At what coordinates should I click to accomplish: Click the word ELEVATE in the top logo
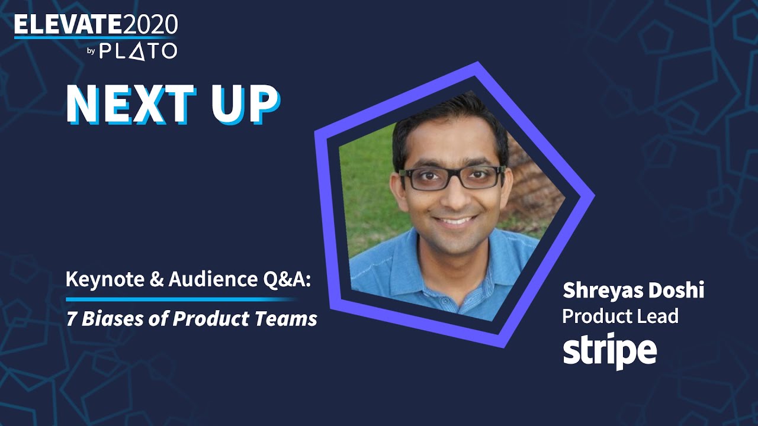tap(68, 25)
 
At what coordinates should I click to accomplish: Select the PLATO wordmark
tap(138, 51)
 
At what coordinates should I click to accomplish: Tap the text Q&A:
tap(287, 280)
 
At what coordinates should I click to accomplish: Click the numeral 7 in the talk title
tap(71, 319)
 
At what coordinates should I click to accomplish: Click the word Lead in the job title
tap(659, 317)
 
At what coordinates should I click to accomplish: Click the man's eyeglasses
tap(454, 178)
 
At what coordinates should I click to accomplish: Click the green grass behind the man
tap(364, 177)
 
